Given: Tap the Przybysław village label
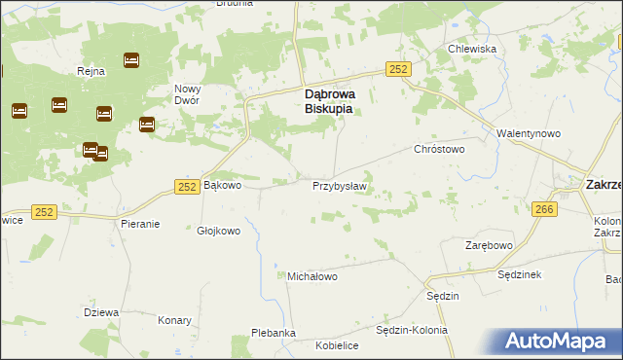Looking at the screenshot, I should [x=338, y=186].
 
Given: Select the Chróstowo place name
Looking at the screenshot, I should [x=440, y=150].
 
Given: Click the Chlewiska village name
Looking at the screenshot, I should [x=472, y=49].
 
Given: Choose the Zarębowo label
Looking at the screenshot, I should [x=488, y=245].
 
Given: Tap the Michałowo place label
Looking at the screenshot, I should [x=311, y=276].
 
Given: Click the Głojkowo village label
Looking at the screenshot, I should [x=218, y=232].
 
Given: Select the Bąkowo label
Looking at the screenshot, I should [x=221, y=184].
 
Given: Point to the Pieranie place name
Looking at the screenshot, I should [x=140, y=223].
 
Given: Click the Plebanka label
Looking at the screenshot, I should [x=274, y=333].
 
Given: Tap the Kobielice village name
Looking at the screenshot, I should [x=337, y=345].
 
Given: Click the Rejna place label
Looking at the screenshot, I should [x=90, y=71].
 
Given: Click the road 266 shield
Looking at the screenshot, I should [x=544, y=209].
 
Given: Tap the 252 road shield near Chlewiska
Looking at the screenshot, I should [x=397, y=68].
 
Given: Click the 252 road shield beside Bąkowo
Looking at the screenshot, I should [x=189, y=185].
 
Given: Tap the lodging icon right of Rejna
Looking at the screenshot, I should [x=131, y=60].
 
